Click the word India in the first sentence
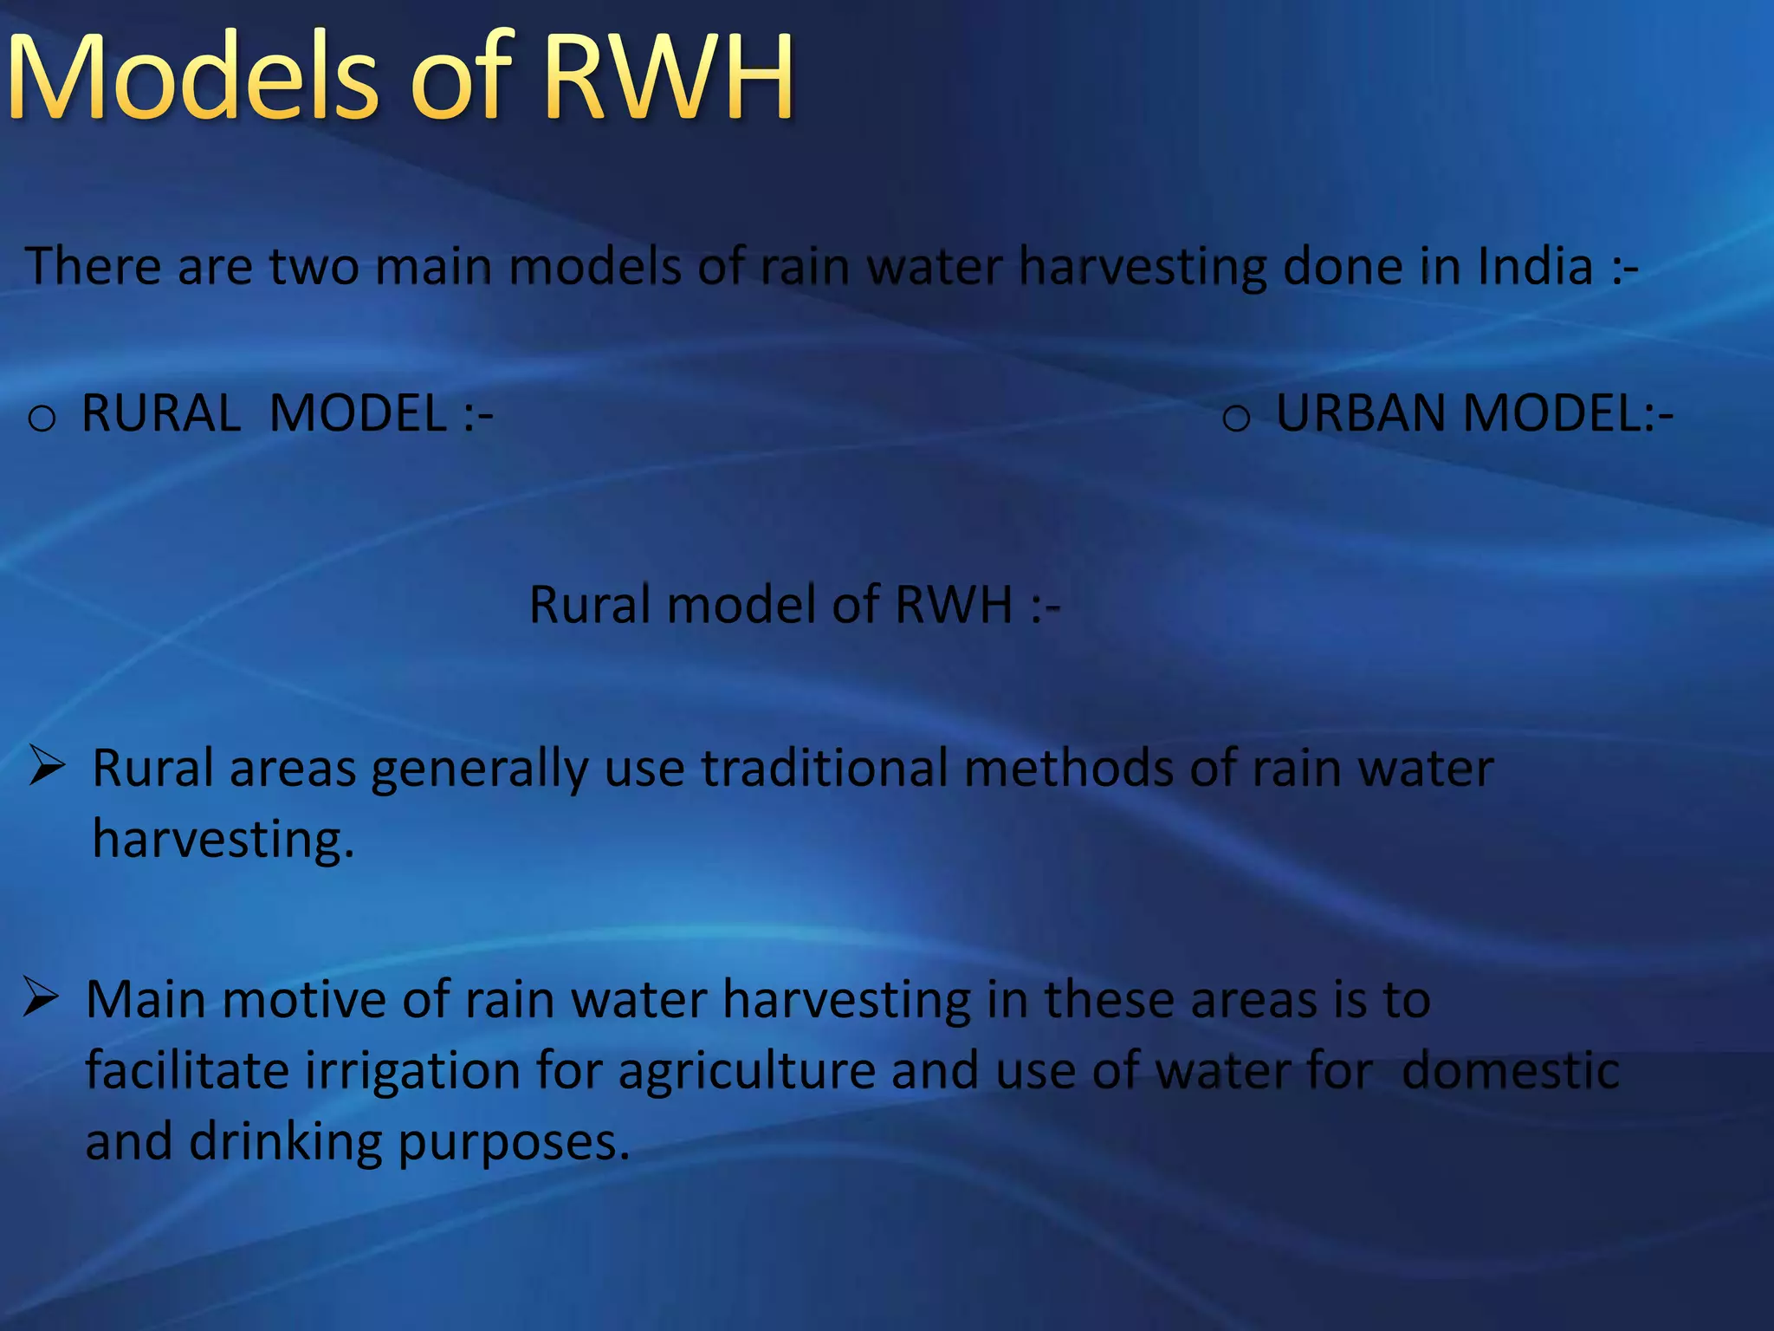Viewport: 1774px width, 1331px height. pos(1534,266)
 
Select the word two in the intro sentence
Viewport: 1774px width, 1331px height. pos(314,266)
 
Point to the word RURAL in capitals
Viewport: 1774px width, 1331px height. pos(161,413)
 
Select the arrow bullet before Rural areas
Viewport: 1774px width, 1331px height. pos(47,765)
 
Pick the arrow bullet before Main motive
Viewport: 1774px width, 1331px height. pos(41,997)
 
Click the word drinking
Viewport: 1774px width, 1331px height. pos(285,1143)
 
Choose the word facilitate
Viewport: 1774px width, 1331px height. pos(187,1070)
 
